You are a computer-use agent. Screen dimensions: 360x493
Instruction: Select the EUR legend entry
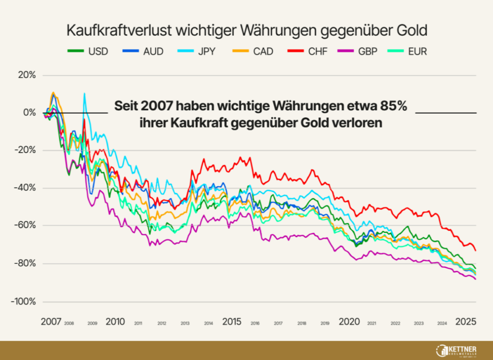[417, 51]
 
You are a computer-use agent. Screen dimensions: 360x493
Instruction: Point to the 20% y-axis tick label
[27, 75]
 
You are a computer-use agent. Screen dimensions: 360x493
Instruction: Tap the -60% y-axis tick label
[26, 226]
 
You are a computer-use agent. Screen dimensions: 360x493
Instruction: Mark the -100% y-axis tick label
[24, 301]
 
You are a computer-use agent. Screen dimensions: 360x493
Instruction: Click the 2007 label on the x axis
[51, 321]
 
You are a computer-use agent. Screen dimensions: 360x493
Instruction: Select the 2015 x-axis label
[233, 321]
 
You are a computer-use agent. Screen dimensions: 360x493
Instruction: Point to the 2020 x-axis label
[349, 321]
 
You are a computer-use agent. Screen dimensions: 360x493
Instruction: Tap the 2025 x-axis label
[466, 321]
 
